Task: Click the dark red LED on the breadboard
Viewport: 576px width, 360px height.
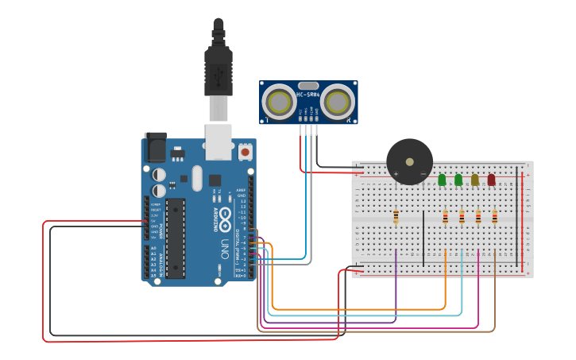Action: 491,180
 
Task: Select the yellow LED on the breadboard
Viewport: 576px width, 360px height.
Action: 475,180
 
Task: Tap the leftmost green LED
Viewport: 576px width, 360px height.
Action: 442,180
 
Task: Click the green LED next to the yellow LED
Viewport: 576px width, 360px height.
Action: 458,180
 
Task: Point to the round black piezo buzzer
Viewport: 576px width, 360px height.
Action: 409,161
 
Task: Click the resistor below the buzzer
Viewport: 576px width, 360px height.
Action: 396,216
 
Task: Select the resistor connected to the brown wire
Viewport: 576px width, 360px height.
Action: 495,217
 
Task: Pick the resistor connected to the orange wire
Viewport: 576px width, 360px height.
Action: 446,217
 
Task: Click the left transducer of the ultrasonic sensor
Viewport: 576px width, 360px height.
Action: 280,102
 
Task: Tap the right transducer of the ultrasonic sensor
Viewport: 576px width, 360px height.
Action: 338,102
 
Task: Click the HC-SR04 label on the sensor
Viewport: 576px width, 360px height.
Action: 308,95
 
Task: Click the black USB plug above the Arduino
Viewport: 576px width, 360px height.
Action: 218,68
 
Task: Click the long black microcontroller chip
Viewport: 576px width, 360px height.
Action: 176,238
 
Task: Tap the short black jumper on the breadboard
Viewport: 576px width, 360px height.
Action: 424,238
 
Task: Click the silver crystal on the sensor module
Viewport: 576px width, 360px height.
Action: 308,85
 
